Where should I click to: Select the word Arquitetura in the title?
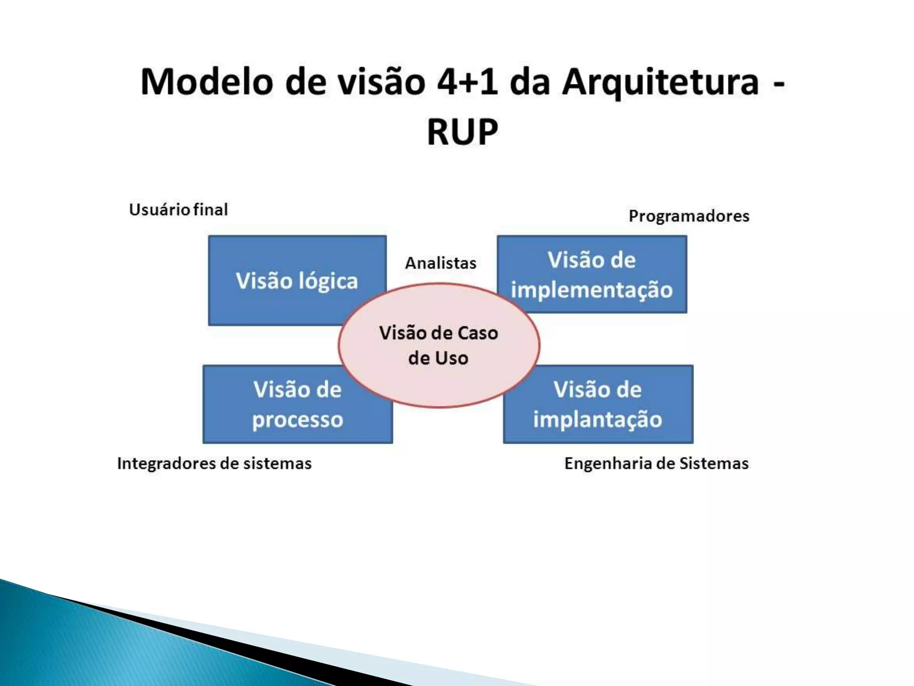(660, 83)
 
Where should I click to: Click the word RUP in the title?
(462, 132)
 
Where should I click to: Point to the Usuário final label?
(179, 209)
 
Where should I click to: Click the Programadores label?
(689, 216)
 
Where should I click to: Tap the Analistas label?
(440, 263)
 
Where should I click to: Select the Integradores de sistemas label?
(214, 463)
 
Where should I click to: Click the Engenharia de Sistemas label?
(656, 463)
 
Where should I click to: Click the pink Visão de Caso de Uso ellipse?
(439, 345)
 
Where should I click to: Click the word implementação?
(592, 290)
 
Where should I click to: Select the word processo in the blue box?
(298, 420)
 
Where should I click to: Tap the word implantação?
(598, 420)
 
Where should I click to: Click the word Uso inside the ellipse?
(452, 358)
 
